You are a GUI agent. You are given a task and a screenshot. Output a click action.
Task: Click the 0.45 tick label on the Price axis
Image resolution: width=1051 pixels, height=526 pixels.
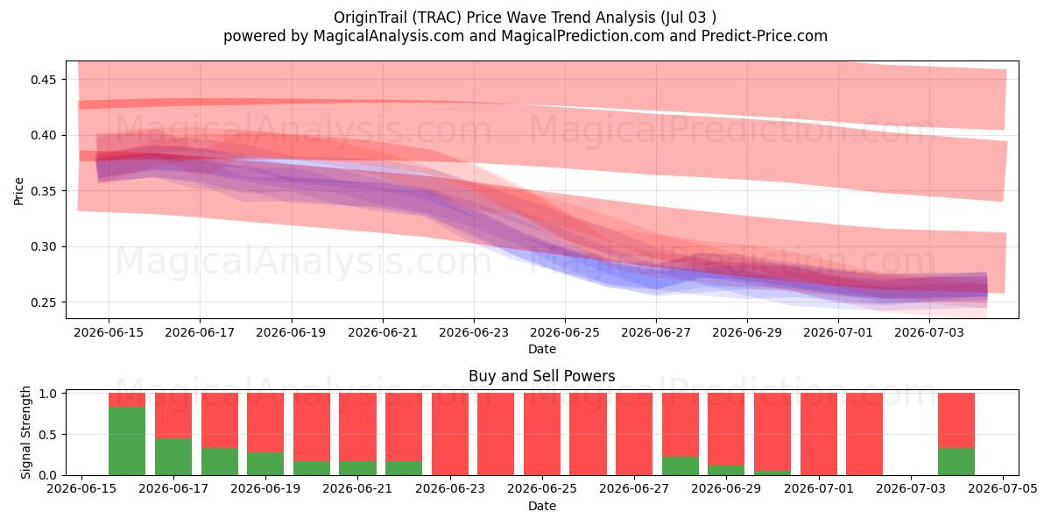[43, 80]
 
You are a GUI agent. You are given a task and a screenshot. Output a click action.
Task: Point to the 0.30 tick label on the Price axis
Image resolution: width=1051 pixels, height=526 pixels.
[43, 247]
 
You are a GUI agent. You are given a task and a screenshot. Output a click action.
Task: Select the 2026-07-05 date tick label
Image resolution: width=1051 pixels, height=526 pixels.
[1003, 488]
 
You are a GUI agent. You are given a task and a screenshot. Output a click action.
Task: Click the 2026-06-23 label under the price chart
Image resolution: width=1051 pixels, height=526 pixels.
[474, 332]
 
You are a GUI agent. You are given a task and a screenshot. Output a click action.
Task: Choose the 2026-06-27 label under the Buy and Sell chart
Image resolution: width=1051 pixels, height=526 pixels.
[634, 488]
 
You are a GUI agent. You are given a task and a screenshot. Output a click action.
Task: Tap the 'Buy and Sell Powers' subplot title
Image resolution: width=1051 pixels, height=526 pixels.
[541, 376]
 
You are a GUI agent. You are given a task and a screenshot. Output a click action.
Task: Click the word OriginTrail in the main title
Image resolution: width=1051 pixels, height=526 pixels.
[370, 18]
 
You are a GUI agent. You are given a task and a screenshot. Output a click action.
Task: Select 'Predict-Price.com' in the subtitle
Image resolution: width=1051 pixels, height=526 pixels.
[765, 36]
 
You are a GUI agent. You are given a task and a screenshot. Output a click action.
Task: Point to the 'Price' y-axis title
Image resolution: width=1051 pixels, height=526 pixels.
[18, 191]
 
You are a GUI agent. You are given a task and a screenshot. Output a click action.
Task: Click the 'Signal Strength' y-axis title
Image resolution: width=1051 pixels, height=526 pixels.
[25, 432]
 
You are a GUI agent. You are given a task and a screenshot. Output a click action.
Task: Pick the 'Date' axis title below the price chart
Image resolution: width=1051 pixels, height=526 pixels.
[542, 349]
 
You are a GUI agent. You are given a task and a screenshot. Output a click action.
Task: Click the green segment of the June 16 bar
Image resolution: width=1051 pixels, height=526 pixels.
[127, 441]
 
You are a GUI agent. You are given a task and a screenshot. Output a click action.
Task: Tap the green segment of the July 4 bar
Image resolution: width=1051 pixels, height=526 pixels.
[956, 462]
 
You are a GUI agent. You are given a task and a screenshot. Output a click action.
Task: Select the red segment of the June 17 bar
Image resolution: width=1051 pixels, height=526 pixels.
[173, 416]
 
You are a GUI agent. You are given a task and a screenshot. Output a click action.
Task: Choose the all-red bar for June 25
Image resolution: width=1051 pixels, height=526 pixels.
[542, 435]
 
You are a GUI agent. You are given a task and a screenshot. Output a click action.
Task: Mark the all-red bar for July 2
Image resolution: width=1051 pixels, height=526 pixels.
[864, 435]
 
